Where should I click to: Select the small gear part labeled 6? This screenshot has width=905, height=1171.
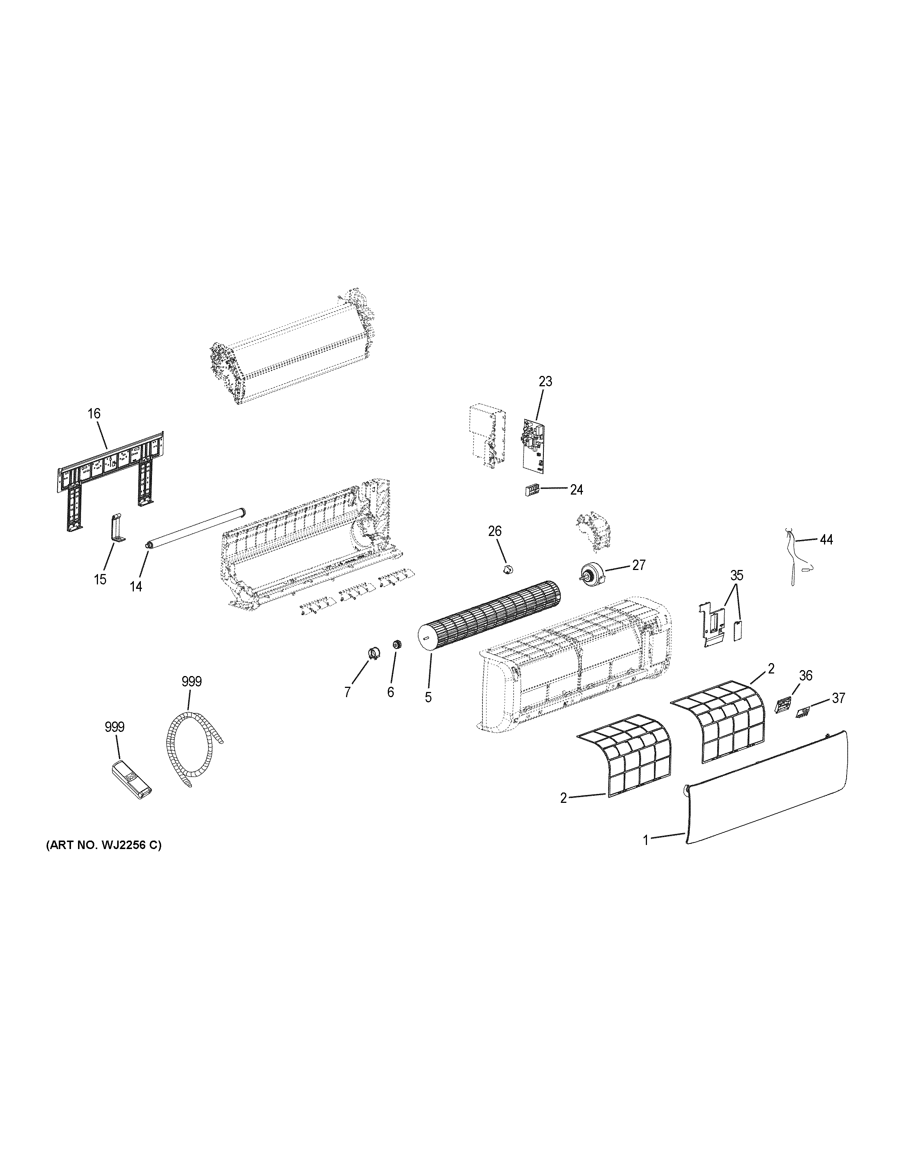click(397, 645)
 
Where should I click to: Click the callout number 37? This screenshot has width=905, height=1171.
click(838, 698)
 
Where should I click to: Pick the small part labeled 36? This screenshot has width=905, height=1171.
click(784, 705)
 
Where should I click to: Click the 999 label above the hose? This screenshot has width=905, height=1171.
click(191, 682)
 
